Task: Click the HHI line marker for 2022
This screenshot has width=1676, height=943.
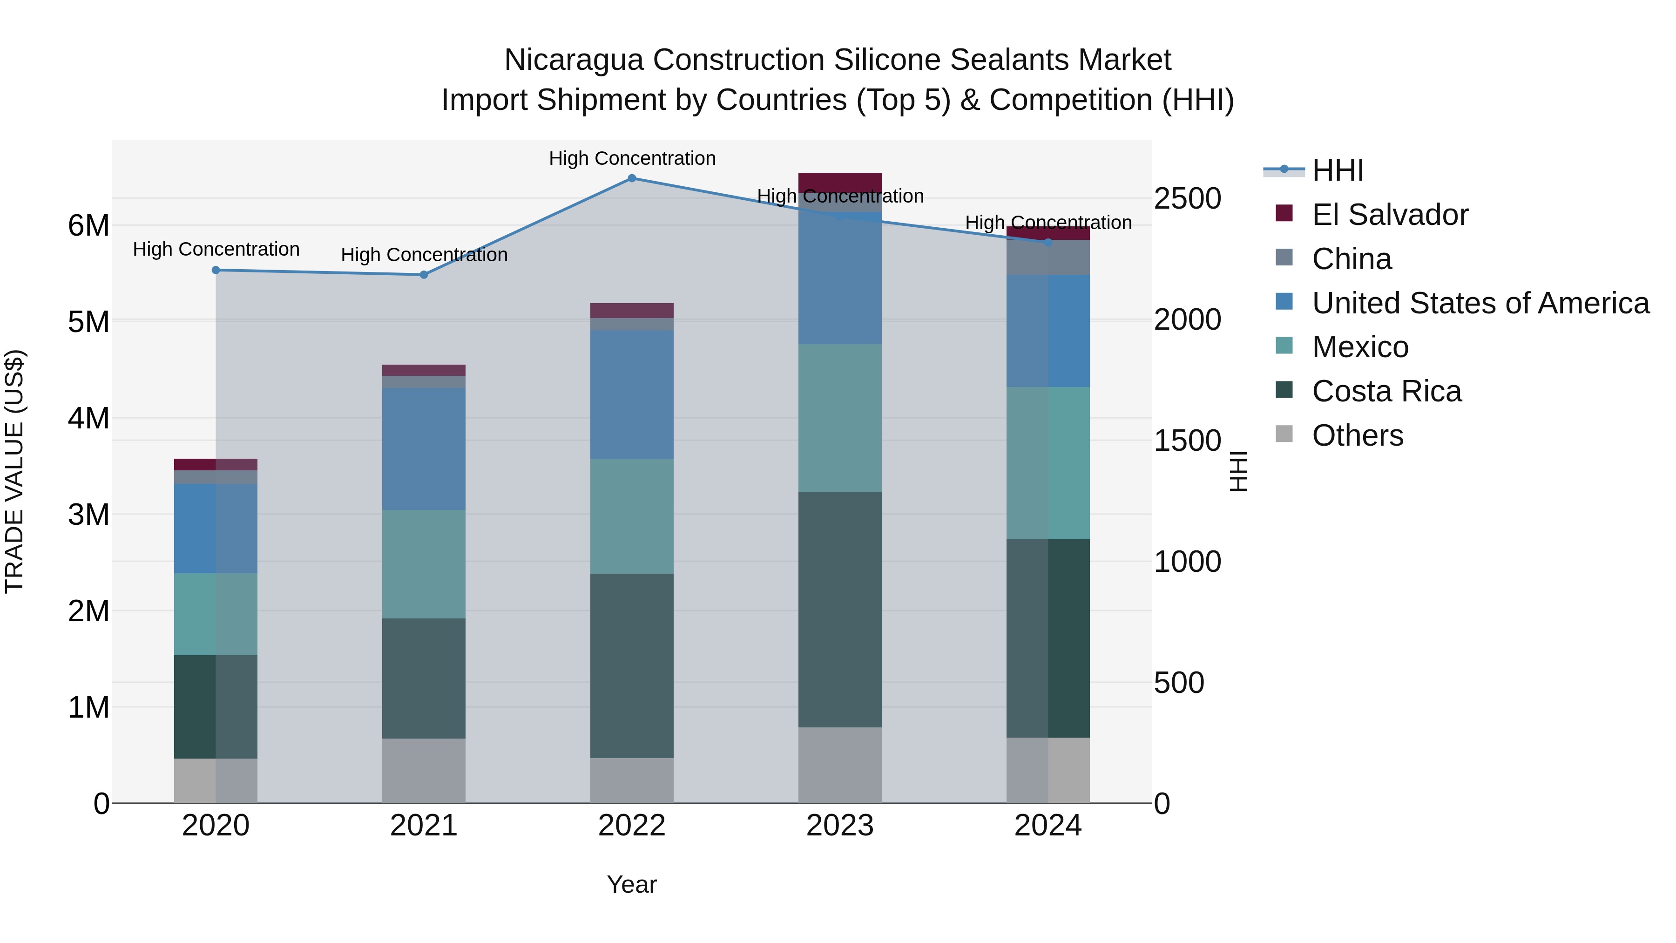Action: pyautogui.click(x=631, y=178)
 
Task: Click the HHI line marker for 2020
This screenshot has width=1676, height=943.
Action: pyautogui.click(x=216, y=270)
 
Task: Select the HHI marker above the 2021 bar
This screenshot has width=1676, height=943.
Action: pyautogui.click(x=424, y=275)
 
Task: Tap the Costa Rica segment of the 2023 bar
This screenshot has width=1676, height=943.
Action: pyautogui.click(x=839, y=609)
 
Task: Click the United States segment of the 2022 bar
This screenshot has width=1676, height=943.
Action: pyautogui.click(x=631, y=394)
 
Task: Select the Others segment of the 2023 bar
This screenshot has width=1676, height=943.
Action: pyautogui.click(x=839, y=765)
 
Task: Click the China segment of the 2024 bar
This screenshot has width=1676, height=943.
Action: pyautogui.click(x=1047, y=258)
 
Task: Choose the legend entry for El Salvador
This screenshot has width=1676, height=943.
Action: pyautogui.click(x=1389, y=215)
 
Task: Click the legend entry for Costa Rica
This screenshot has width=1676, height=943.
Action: pyautogui.click(x=1386, y=391)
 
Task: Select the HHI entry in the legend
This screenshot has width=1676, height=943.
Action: pyautogui.click(x=1337, y=170)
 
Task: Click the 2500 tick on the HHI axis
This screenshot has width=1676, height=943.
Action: pyautogui.click(x=1187, y=198)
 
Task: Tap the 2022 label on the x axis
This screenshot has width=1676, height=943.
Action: pyautogui.click(x=631, y=826)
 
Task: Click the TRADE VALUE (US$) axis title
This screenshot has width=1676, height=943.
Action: pyautogui.click(x=14, y=471)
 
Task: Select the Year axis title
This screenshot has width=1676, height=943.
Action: pyautogui.click(x=631, y=884)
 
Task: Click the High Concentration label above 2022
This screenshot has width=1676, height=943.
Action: pyautogui.click(x=631, y=158)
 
